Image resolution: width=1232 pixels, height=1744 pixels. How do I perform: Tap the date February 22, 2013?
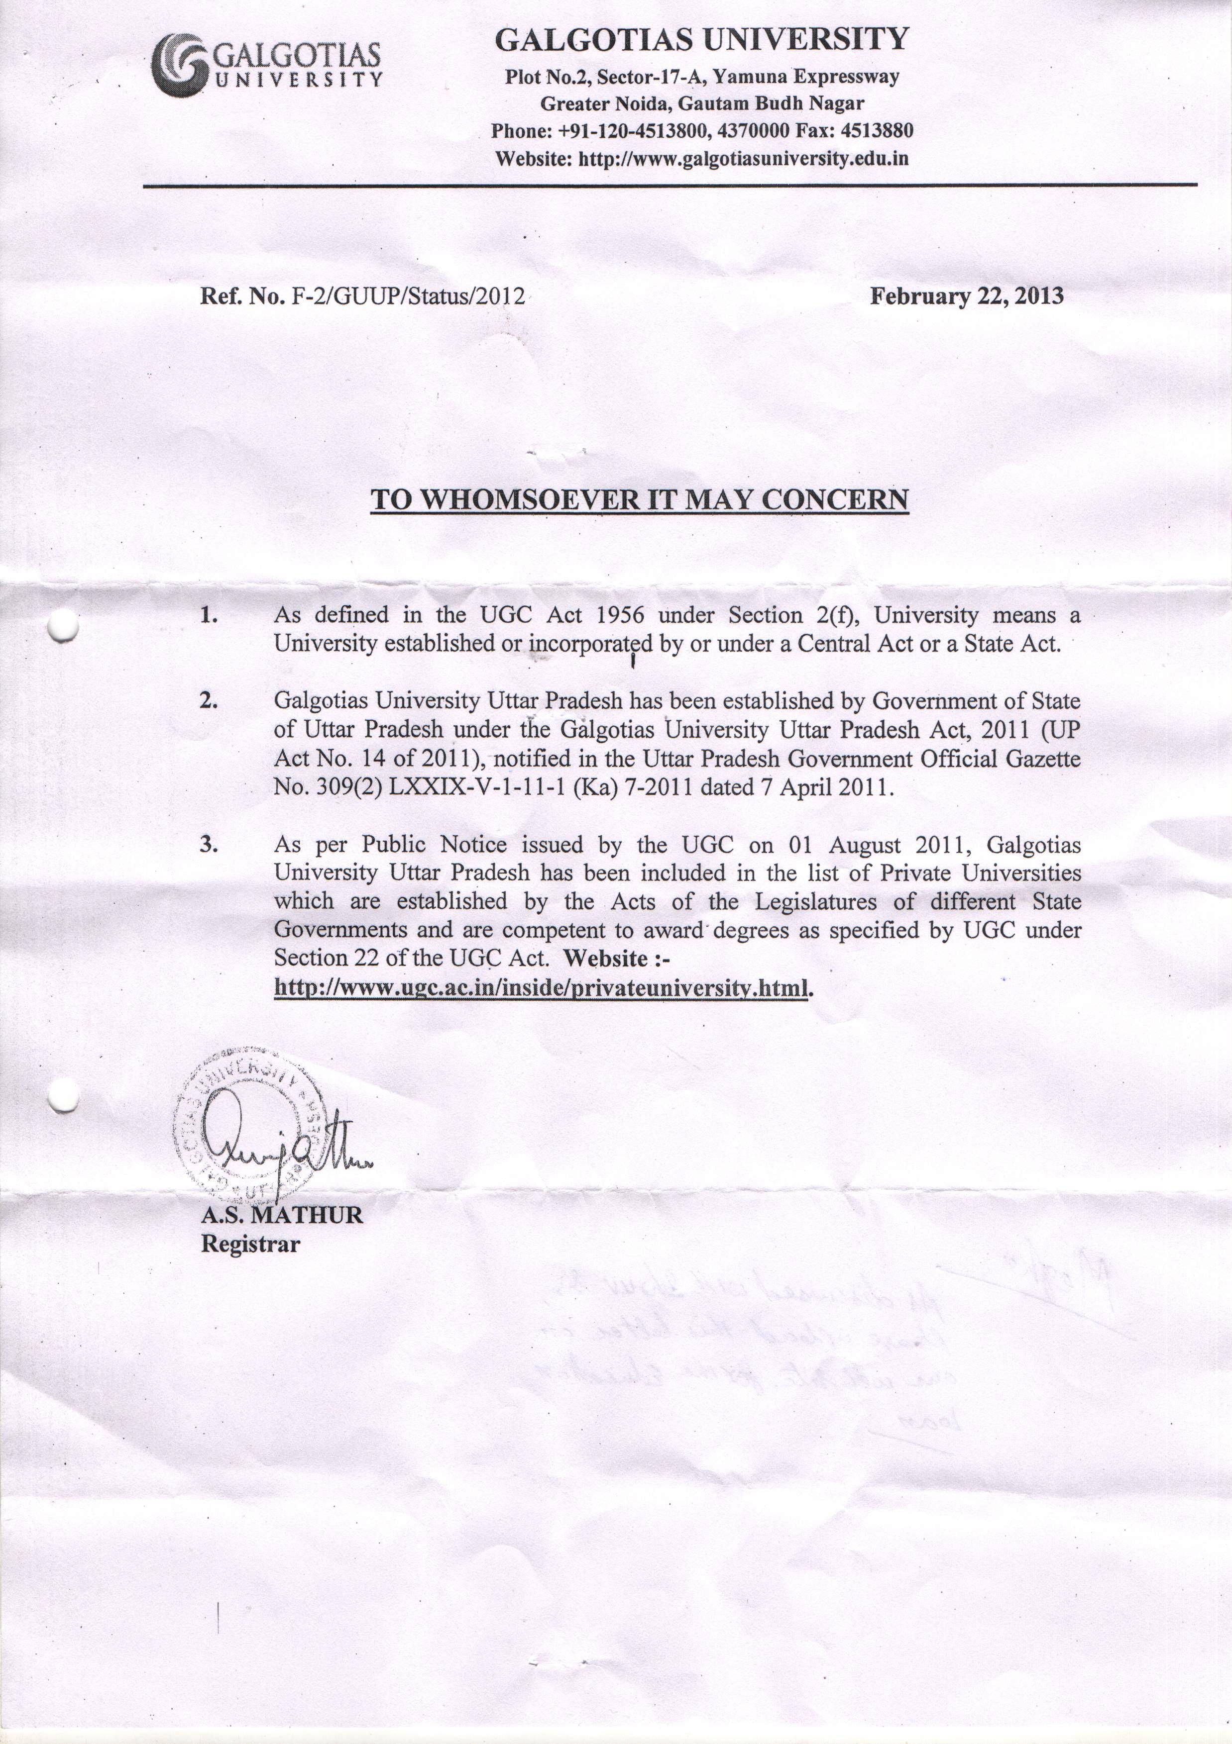tap(966, 295)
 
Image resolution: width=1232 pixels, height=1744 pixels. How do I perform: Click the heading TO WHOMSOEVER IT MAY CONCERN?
tap(639, 500)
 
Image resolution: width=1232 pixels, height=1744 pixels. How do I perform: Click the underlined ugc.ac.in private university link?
tap(540, 988)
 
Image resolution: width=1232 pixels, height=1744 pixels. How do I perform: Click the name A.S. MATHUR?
tap(282, 1215)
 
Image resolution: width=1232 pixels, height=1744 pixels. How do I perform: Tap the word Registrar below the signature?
tap(250, 1244)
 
